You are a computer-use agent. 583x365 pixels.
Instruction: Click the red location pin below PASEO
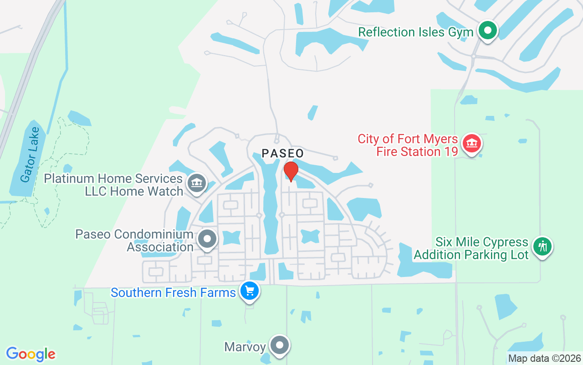coord(291,172)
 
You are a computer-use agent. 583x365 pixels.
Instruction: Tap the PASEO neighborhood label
coord(282,153)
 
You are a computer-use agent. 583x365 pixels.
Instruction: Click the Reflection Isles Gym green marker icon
coord(488,31)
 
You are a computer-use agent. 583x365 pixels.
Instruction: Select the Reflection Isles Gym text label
coord(416,32)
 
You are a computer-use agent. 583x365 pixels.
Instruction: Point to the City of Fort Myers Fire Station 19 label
coord(408,145)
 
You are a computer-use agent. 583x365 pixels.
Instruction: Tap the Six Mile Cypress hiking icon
coord(542,247)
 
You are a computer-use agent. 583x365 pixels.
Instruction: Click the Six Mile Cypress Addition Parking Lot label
coord(471,248)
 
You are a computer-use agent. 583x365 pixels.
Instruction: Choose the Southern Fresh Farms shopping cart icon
coord(249,291)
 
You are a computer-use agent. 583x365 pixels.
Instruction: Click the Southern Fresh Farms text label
coord(173,292)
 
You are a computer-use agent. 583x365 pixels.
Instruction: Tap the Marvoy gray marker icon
coord(280,345)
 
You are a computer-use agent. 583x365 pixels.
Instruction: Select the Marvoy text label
coord(245,347)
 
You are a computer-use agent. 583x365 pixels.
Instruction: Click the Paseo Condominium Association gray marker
coord(208,238)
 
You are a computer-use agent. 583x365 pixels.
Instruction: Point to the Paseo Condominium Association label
coord(134,240)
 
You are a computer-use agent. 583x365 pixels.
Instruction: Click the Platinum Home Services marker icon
coord(197,183)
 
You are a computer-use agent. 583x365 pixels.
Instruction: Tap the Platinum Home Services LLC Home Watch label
coord(113,185)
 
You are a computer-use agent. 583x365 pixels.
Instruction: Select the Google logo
coord(31,354)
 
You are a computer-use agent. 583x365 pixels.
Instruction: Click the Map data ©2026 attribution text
coord(545,358)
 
